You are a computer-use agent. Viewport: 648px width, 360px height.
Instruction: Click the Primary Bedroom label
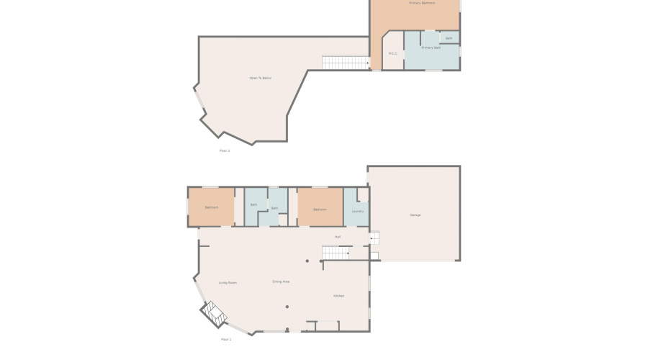tap(422, 3)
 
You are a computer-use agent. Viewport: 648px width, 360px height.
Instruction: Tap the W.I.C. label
tap(393, 53)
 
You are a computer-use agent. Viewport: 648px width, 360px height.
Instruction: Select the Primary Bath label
tap(431, 48)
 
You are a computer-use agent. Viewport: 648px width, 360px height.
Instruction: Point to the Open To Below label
tap(260, 78)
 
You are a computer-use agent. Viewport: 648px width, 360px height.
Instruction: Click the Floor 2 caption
tap(225, 150)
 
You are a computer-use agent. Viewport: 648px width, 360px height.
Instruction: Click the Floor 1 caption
tap(226, 338)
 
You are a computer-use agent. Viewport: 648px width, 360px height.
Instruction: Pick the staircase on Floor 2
tap(345, 63)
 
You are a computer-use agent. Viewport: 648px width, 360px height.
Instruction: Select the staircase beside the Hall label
tap(335, 252)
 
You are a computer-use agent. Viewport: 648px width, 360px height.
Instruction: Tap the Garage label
tap(415, 215)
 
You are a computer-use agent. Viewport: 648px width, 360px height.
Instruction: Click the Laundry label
tap(357, 211)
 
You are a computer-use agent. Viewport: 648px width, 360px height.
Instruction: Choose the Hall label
tap(337, 237)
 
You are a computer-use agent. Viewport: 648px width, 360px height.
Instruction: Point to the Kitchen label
tap(338, 296)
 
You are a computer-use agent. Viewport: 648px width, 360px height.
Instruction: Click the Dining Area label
tap(281, 282)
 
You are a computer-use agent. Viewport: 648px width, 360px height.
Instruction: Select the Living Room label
tap(228, 283)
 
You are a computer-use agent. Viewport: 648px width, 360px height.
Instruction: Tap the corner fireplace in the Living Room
tap(214, 312)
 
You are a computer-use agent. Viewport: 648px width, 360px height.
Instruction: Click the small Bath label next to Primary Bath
tap(449, 38)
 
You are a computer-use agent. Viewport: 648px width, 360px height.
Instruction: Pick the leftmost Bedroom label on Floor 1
tap(211, 207)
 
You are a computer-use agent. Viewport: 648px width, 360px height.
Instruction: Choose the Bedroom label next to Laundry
tap(320, 210)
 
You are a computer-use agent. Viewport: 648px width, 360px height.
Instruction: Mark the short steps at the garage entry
tap(374, 236)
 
